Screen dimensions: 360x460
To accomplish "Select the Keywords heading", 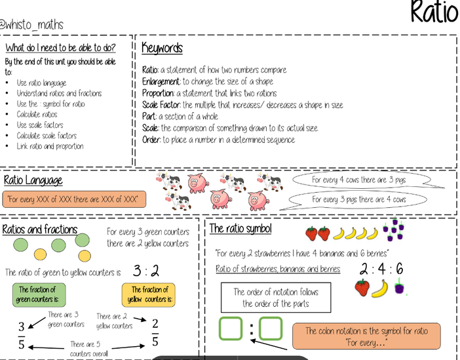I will point(162,48).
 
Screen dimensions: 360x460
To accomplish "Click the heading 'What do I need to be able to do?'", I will point(60,47).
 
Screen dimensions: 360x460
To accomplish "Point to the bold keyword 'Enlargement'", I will point(161,81).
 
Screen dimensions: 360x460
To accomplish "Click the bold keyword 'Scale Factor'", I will point(162,105).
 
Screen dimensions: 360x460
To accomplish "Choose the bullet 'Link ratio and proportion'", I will point(50,146).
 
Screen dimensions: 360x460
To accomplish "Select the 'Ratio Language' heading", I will point(33,180).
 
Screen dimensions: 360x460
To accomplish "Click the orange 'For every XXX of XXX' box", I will point(74,198).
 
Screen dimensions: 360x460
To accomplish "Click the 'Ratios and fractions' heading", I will point(40,230).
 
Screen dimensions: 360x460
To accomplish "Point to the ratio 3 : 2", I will point(145,271).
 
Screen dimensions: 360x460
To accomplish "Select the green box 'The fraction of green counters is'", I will point(37,294).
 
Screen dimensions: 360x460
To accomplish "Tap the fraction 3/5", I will point(22,334).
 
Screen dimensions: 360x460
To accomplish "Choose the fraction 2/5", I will point(155,332).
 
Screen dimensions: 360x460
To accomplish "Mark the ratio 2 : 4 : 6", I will point(381,269).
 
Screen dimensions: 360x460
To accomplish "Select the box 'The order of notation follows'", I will point(275,298).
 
